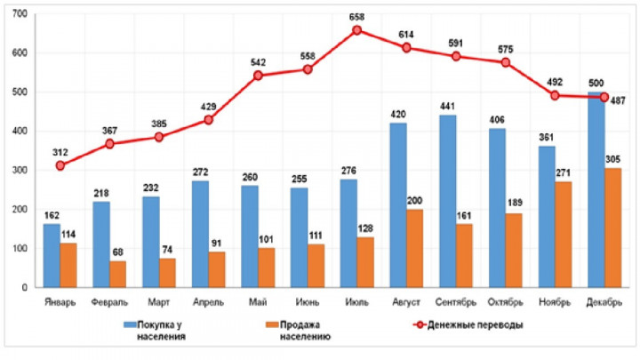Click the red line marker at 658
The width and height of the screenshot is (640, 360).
pos(356,30)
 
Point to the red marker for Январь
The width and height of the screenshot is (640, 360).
pos(60,165)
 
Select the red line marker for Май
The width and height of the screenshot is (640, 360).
pos(258,76)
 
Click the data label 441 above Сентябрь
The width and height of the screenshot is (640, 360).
pos(448,106)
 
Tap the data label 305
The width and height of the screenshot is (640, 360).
pos(613,158)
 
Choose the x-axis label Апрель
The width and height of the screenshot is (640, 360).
pos(209,301)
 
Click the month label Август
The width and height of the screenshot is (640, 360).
pos(405,301)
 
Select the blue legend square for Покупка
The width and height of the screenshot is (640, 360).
pos(128,324)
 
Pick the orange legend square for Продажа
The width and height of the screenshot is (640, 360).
pos(272,324)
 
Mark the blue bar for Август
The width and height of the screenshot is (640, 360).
pos(399,205)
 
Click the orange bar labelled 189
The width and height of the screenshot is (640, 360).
pos(515,251)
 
